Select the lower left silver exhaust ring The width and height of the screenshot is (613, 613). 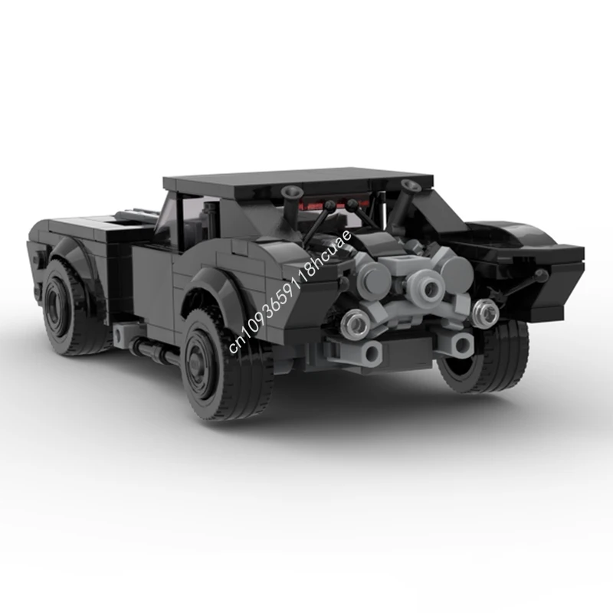(x=356, y=324)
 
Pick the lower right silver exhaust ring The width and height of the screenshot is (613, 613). (x=484, y=312)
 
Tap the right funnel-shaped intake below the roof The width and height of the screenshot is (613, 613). (x=411, y=186)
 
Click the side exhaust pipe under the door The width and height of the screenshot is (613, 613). (x=153, y=351)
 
